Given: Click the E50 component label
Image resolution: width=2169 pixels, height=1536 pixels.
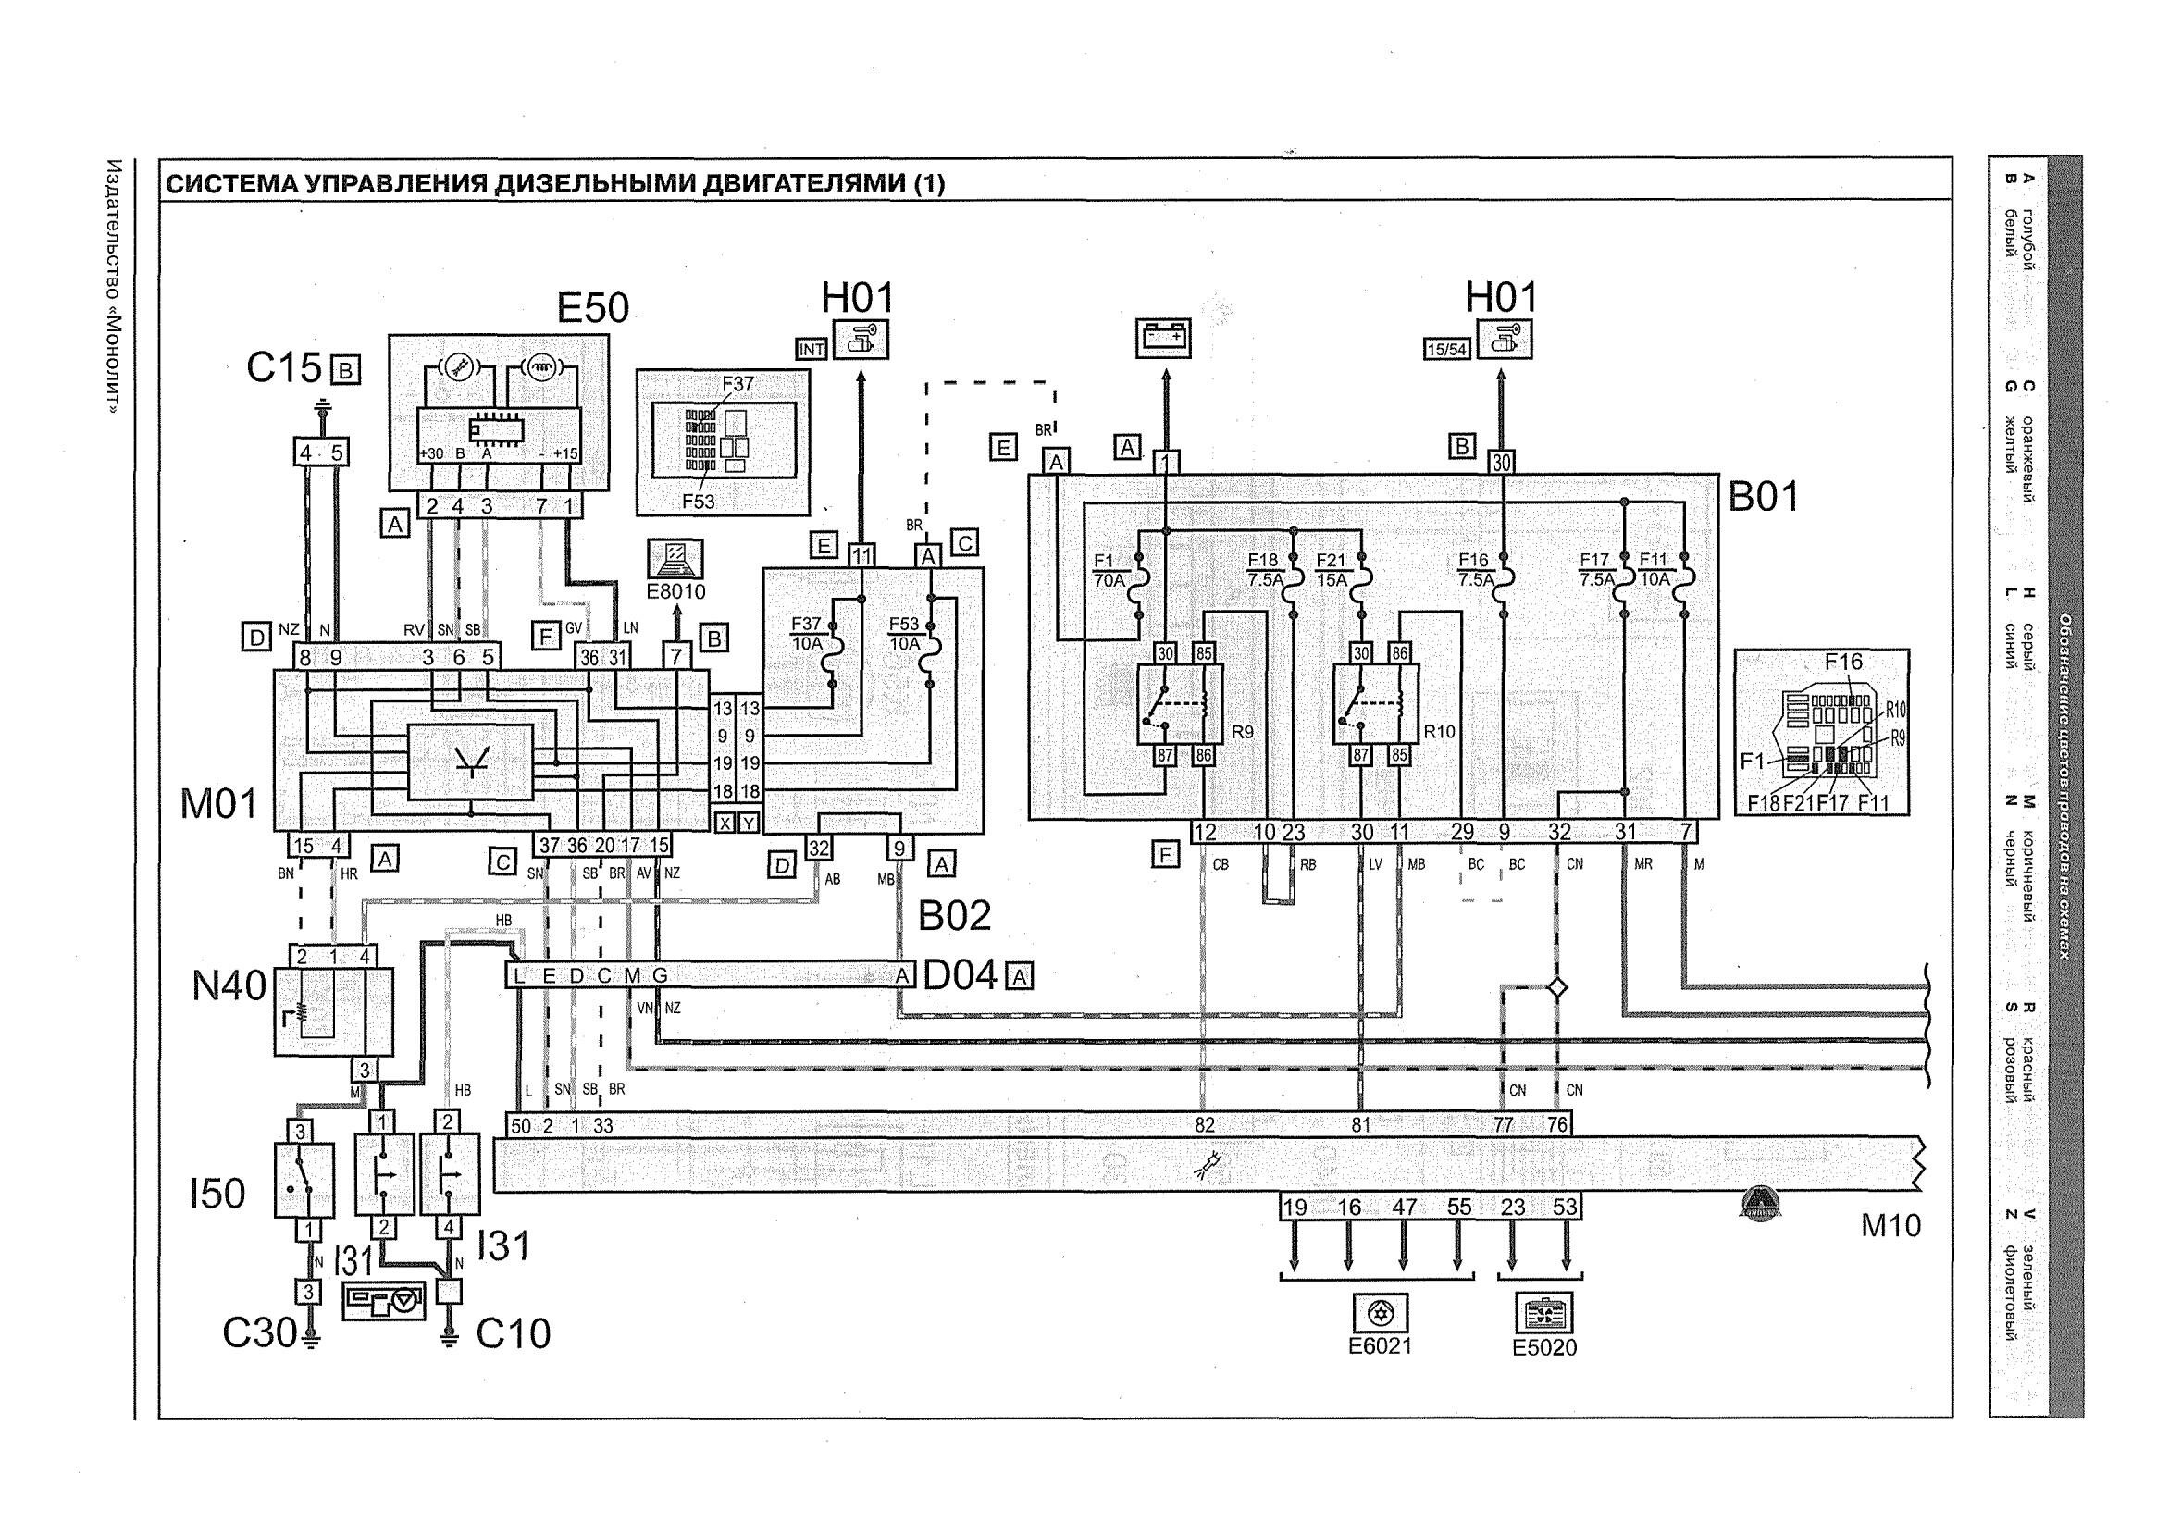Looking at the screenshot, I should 592,308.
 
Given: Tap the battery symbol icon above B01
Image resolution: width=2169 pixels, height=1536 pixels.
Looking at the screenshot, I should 1163,338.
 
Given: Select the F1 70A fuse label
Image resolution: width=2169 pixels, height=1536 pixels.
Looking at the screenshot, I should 1109,570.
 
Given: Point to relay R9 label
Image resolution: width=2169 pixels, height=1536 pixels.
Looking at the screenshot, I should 1242,732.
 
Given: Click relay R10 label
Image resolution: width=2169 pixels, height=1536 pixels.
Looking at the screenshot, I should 1439,731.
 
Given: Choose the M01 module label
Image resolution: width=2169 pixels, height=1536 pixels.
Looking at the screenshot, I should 218,805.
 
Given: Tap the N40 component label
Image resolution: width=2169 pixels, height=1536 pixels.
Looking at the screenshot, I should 229,986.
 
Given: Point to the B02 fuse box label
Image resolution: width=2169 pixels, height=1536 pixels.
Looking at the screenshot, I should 954,914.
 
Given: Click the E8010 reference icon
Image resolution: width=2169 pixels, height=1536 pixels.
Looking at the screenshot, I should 676,560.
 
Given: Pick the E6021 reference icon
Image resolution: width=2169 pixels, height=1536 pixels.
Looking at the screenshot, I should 1380,1313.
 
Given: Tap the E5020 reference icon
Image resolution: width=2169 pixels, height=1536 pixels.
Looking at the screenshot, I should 1543,1315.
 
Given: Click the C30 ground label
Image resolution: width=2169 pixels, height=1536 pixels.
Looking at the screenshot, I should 259,1333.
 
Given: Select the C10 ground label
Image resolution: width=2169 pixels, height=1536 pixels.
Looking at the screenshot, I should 513,1334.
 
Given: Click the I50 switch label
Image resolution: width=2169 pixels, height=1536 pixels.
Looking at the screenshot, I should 217,1194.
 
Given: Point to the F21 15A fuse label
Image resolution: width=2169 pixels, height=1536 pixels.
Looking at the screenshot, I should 1331,570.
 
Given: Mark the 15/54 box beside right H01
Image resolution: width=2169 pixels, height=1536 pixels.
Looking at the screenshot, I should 1446,350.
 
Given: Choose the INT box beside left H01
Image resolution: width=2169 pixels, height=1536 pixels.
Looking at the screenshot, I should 812,350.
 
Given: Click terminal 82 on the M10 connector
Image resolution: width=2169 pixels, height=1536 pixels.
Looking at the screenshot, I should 1203,1125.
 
